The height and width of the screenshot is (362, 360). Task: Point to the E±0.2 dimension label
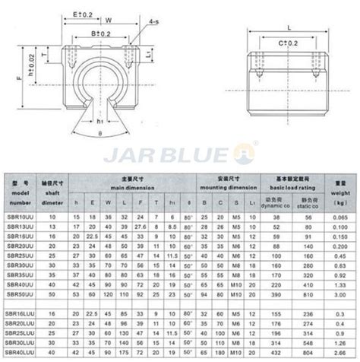(x=81, y=14)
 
